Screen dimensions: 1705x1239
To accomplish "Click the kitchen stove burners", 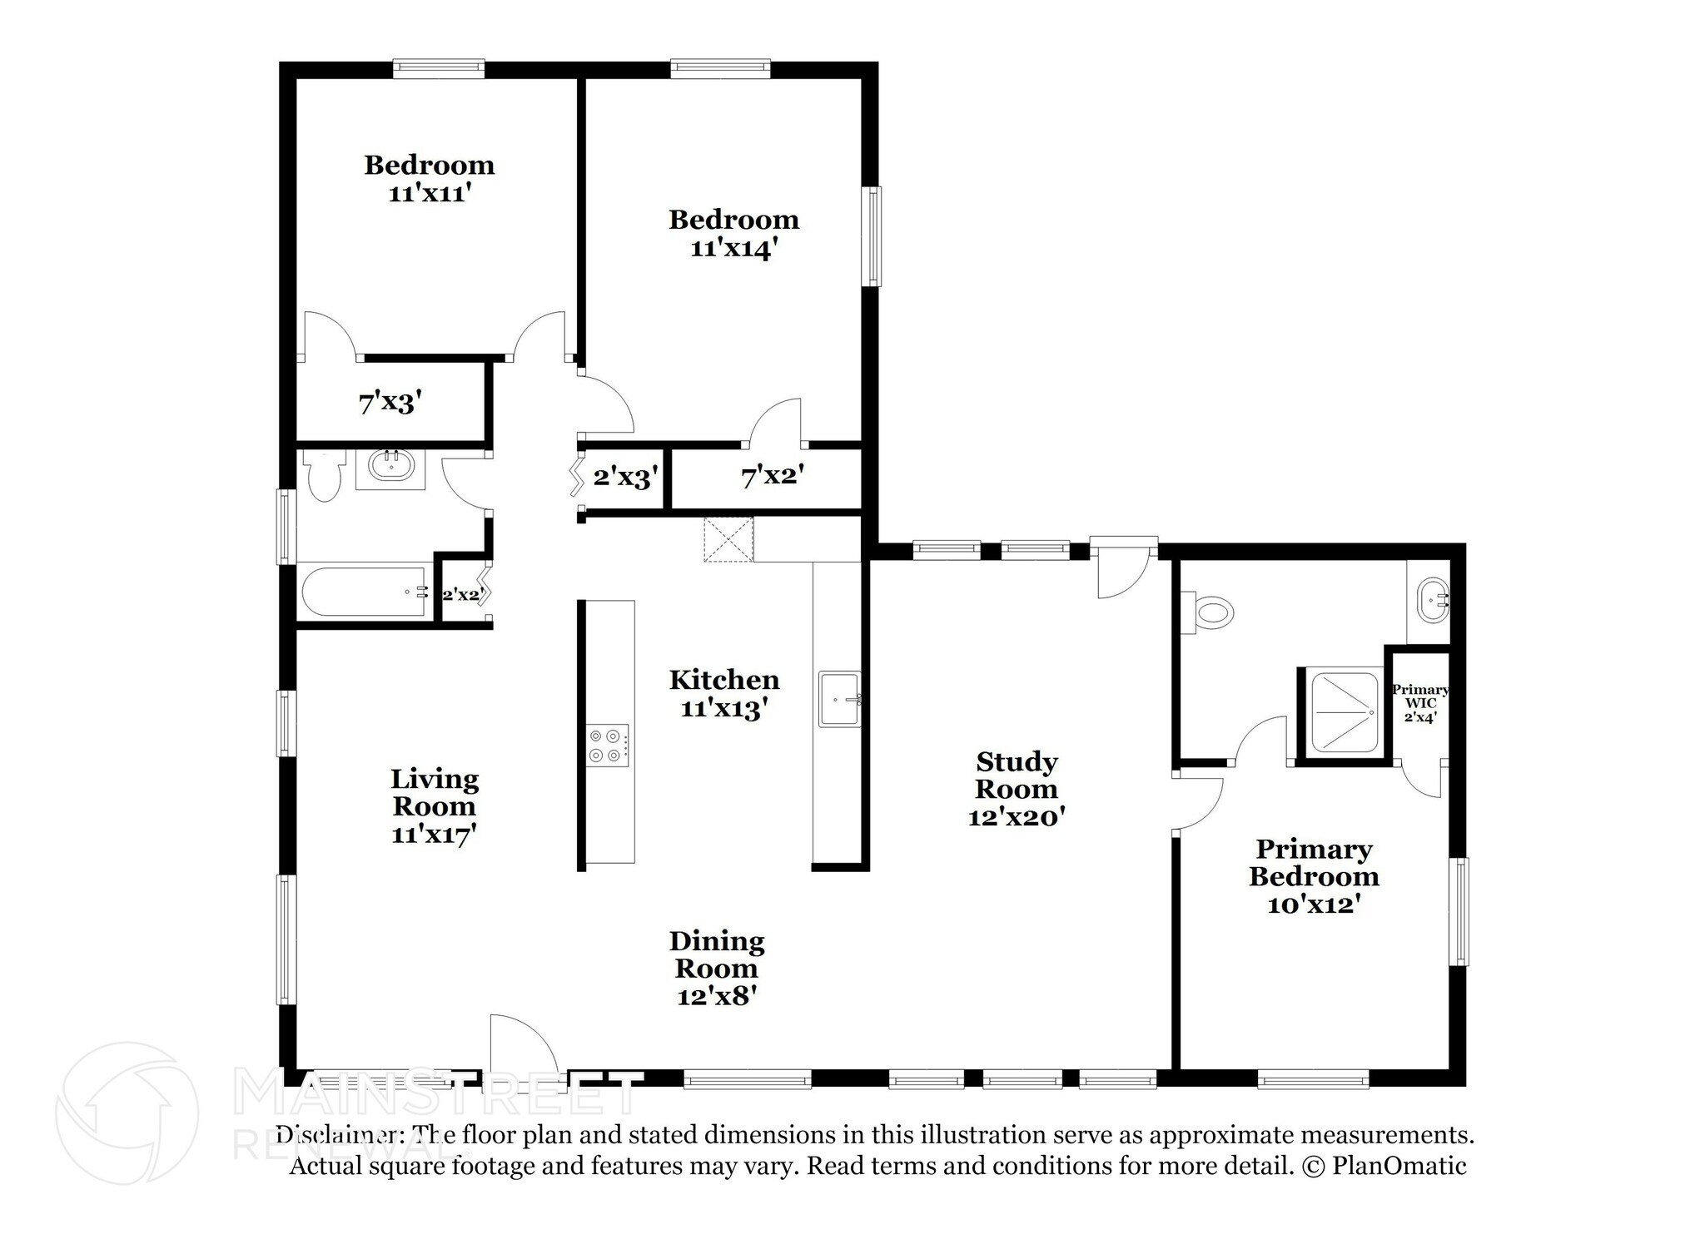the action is click(x=608, y=745).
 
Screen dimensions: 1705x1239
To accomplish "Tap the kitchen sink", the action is click(x=839, y=699).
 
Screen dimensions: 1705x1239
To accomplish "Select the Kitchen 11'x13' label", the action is click(x=724, y=694).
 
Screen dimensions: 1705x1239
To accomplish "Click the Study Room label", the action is click(x=1017, y=775).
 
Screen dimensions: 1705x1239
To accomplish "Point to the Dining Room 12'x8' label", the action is click(x=717, y=968).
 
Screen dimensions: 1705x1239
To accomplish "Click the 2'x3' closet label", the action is click(x=626, y=478).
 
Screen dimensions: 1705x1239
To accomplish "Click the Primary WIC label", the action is click(x=1420, y=703).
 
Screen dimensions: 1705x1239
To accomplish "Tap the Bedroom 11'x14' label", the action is click(x=733, y=234).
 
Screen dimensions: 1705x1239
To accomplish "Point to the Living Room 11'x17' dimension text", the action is click(x=434, y=835).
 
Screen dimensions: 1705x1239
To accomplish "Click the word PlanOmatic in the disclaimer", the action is click(x=1399, y=1166).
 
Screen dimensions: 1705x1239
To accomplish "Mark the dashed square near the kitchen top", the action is click(x=728, y=539).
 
